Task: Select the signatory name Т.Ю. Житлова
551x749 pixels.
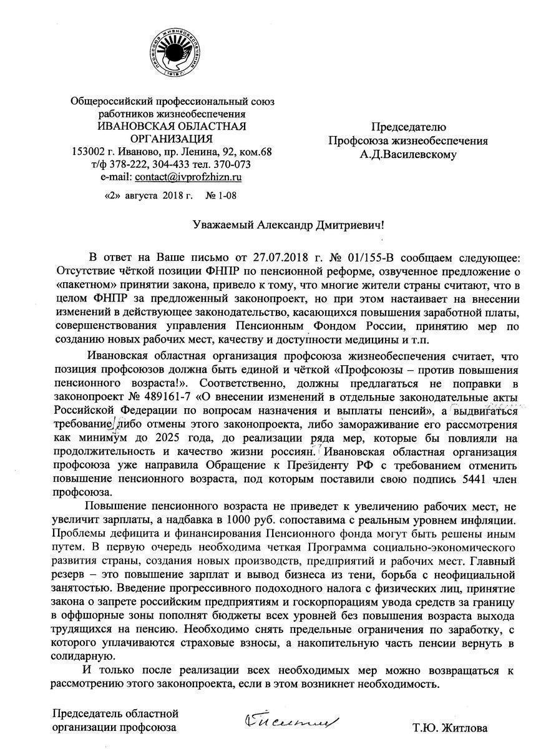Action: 450,728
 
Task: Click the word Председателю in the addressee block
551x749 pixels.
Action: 409,127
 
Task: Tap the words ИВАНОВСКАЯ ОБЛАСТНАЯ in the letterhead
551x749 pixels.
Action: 172,127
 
